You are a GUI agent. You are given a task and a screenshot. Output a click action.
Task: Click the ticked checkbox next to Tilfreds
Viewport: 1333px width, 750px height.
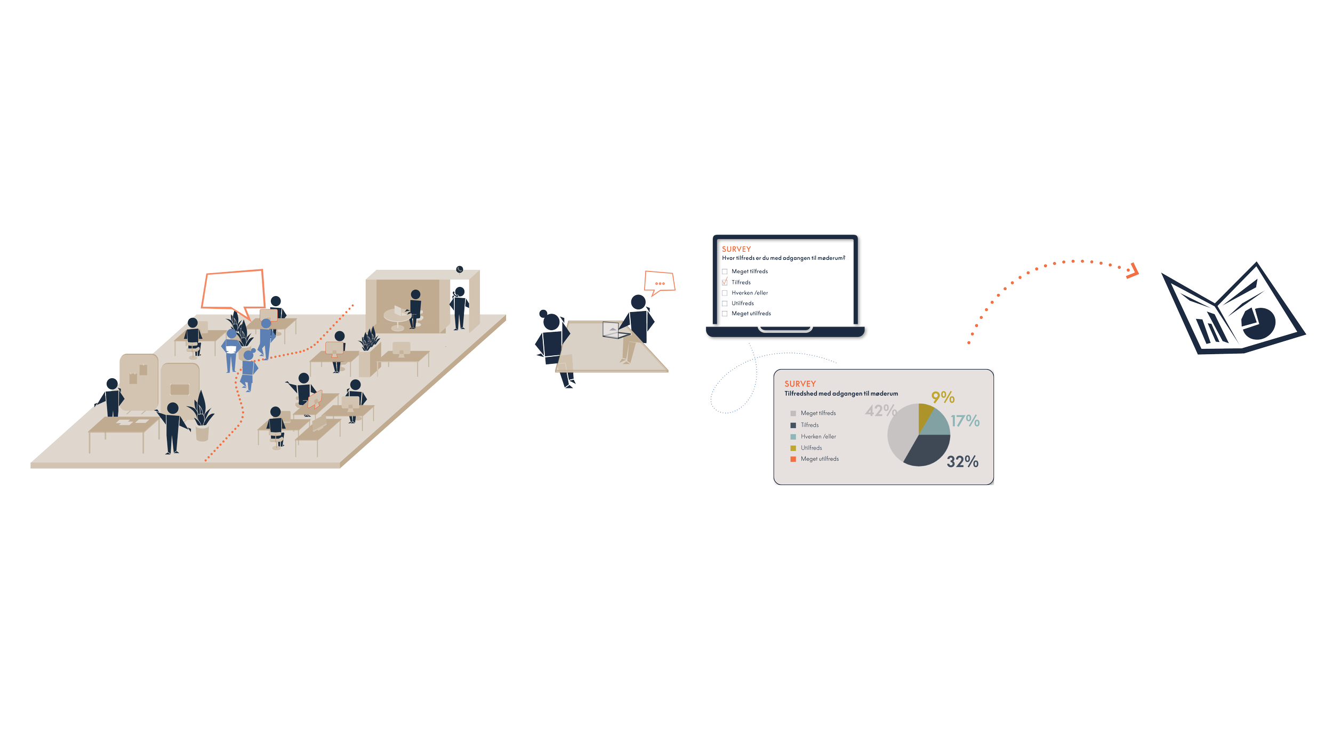725,282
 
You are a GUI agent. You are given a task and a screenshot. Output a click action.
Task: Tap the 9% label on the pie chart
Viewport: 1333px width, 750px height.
943,397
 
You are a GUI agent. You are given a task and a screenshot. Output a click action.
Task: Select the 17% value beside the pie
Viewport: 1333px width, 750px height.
965,421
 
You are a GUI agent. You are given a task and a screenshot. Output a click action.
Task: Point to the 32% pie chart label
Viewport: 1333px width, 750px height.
962,461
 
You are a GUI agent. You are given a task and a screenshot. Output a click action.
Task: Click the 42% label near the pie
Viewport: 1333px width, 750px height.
880,411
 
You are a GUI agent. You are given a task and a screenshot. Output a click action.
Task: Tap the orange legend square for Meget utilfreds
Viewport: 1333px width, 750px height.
793,459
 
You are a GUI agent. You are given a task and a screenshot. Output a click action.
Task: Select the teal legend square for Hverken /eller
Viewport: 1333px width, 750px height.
793,437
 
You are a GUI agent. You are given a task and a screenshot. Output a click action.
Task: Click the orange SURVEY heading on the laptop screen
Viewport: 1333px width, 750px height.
736,249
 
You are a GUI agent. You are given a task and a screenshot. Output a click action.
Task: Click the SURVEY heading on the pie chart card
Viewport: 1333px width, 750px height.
800,384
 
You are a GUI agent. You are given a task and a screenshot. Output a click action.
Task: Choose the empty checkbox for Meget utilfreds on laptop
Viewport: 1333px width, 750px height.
725,314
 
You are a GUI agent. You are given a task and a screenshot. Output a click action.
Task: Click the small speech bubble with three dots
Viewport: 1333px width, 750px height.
660,283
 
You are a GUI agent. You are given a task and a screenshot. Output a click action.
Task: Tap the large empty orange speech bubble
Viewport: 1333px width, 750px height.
233,290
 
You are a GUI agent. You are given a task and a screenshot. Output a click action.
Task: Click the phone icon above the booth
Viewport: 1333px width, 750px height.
459,269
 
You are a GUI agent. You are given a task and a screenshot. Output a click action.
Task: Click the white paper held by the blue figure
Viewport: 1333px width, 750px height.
231,350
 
